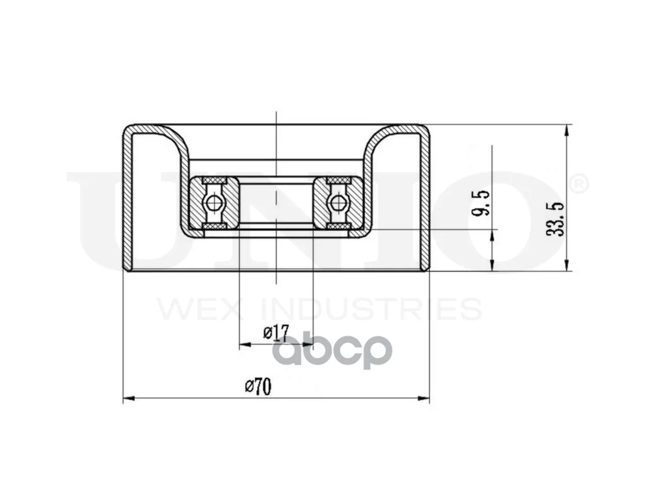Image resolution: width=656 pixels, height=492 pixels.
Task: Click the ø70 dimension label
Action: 258,387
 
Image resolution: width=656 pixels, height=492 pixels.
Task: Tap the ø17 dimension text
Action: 276,333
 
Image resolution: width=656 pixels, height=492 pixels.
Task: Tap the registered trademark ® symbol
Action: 579,184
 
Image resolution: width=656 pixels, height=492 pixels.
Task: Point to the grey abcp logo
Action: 335,351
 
